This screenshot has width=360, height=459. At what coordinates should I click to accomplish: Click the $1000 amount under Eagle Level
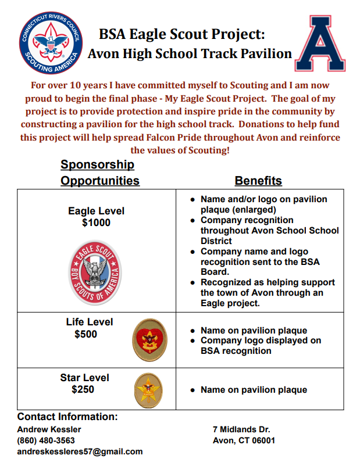[x=96, y=223]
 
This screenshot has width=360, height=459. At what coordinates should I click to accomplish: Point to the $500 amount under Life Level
[x=86, y=335]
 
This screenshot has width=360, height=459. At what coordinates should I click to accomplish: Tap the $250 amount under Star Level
[x=83, y=390]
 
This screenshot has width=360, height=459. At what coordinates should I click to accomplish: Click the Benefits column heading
[x=258, y=181]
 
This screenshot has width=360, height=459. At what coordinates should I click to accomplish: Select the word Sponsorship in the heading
[x=97, y=165]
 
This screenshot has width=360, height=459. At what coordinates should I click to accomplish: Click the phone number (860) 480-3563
[x=46, y=440]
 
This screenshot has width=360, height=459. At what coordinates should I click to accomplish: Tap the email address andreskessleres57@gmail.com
[x=80, y=451]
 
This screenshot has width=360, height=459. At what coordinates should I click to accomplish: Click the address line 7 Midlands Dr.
[x=241, y=429]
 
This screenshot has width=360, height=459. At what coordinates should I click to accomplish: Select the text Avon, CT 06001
[x=244, y=440]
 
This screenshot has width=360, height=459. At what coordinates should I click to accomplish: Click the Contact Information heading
[x=67, y=417]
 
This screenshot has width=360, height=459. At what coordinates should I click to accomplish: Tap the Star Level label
[x=84, y=378]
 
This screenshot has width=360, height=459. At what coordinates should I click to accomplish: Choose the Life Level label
[x=90, y=322]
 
